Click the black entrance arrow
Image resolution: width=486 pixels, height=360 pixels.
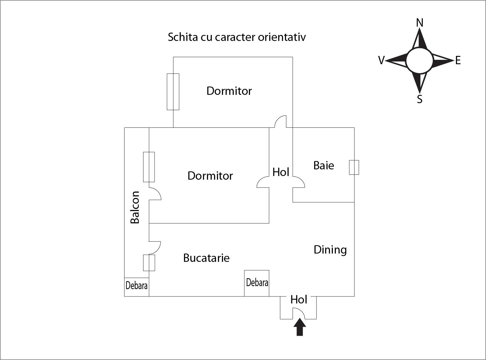300,327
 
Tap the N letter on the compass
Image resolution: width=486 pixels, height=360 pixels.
420,23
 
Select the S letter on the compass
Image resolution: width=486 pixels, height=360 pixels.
420,99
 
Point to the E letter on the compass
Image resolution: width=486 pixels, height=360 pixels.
458,61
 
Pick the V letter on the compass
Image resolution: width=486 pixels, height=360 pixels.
381,60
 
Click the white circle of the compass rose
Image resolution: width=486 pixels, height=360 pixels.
419,60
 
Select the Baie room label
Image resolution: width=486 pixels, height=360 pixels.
324,165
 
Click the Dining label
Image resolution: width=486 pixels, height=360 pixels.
330,250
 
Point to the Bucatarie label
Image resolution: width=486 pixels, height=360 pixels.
206,258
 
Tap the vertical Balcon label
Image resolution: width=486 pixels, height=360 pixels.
135,207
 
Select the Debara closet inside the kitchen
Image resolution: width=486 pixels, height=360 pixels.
257,283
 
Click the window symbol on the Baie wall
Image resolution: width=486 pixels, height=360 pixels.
354,167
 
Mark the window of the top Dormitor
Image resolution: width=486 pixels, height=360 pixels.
173,92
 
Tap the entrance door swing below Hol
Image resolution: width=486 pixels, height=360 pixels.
299,313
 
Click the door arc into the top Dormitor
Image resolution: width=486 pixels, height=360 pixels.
280,122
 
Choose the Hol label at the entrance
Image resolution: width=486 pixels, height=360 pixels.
299,300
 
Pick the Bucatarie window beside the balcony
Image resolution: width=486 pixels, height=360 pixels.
149,263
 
